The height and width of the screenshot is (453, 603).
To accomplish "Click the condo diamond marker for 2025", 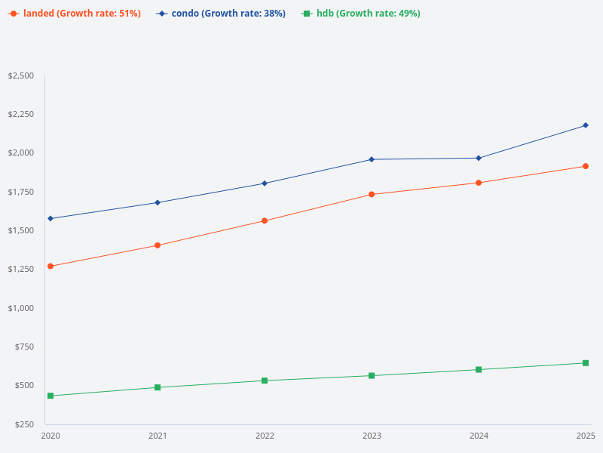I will pos(586,125).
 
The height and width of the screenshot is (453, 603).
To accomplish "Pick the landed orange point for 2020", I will pos(51,267).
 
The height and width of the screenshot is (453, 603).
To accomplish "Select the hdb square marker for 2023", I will pos(372,375).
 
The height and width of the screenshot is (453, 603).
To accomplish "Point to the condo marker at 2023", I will pos(372,159).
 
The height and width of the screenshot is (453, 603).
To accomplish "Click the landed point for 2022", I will pos(265,221).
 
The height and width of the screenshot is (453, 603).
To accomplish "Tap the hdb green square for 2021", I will pos(158,387).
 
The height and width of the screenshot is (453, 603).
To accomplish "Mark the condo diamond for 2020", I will pos(51,219).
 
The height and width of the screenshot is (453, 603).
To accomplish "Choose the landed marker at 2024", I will pos(479,183).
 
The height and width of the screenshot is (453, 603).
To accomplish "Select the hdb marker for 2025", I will pos(586,363).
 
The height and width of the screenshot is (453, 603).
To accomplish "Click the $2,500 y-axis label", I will pos(20,75).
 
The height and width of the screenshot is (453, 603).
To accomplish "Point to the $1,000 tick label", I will pos(20,308).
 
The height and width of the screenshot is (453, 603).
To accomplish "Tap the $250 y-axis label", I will pos(23,424).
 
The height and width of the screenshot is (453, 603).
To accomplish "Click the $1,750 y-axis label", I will pos(20,192).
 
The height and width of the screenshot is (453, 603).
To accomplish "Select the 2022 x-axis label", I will pos(265,436).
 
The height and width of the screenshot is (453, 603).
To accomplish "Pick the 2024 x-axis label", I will pos(479,436).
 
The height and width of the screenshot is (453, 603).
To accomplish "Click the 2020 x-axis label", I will pos(51,436).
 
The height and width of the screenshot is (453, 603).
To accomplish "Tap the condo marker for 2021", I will pos(158,202).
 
